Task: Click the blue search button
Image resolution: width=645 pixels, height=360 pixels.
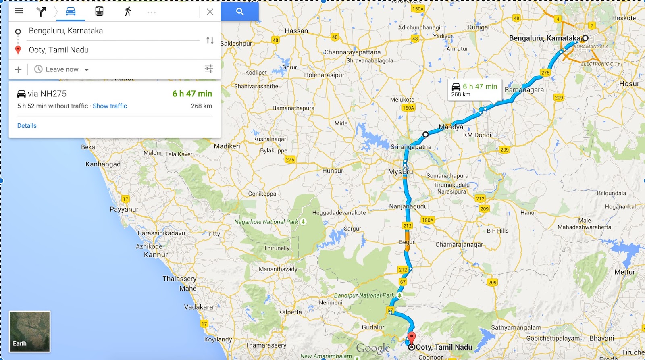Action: click(x=240, y=12)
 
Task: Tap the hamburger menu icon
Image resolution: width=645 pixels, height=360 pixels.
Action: click(x=19, y=11)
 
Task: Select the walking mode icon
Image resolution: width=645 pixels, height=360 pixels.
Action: click(x=128, y=11)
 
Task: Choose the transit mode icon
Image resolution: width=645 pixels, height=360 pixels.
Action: click(x=99, y=11)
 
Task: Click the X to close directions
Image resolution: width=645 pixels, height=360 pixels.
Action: click(x=210, y=12)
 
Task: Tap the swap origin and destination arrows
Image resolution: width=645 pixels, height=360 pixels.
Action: click(x=210, y=40)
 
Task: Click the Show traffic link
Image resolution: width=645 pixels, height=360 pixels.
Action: click(x=110, y=106)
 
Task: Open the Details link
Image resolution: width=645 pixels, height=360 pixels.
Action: click(x=27, y=126)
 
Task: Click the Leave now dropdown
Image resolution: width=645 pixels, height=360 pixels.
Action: click(x=62, y=69)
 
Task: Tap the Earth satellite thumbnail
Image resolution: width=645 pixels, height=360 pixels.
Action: click(x=29, y=331)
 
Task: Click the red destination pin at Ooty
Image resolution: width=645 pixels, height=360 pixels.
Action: click(x=411, y=337)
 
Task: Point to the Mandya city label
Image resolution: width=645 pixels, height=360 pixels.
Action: click(x=451, y=127)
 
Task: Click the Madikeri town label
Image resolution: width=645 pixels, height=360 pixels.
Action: click(x=227, y=146)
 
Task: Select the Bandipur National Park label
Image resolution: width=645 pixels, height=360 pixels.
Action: click(x=364, y=295)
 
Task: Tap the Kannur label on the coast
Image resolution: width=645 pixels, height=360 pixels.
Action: click(x=156, y=255)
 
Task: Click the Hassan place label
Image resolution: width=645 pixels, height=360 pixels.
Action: click(x=296, y=31)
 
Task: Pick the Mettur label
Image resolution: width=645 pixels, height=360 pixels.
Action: click(x=624, y=272)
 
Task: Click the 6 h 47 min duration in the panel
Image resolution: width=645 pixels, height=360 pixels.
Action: click(x=192, y=94)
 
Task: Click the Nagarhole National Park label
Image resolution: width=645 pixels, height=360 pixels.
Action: click(x=266, y=222)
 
